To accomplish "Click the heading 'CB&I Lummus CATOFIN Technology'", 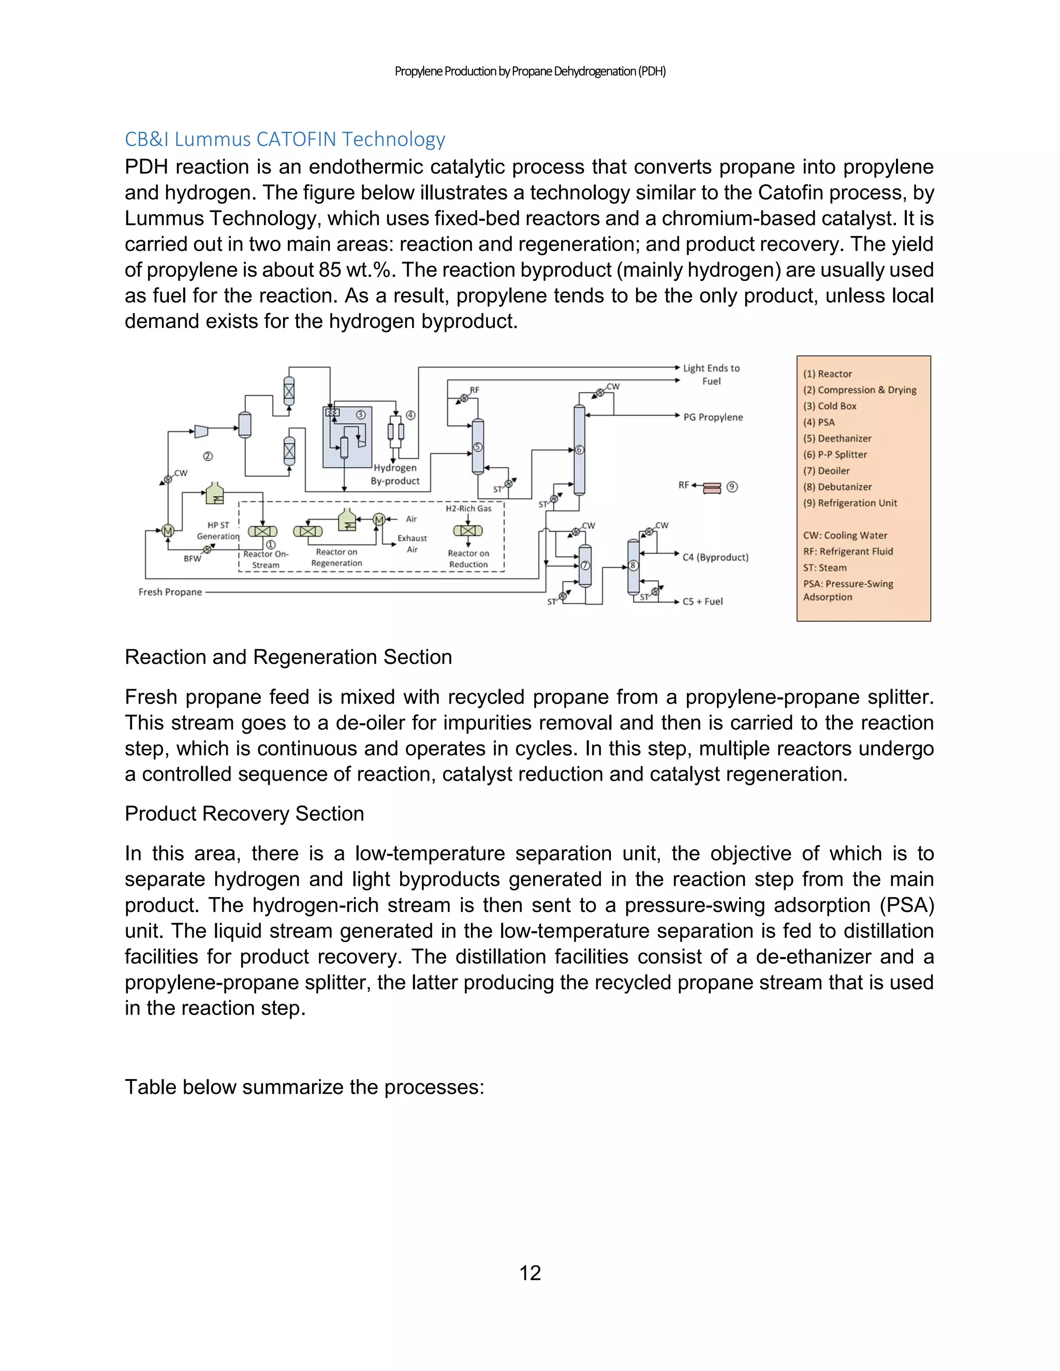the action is point(285,139).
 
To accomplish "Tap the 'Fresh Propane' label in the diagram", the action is point(170,592).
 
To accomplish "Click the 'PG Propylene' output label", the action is point(713,417).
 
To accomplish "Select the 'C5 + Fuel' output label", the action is point(703,601).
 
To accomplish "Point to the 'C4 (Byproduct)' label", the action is point(715,557).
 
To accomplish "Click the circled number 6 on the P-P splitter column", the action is point(580,450).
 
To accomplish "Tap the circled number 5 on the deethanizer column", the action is point(478,447).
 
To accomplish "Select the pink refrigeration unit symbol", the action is point(712,488).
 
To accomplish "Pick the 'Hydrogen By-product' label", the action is point(395,474).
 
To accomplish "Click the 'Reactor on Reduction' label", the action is point(468,559).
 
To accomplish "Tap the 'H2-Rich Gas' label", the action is point(468,509).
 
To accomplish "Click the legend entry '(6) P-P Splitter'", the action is point(835,454).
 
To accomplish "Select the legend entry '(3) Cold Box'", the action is point(830,406).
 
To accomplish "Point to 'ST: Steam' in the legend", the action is point(825,568).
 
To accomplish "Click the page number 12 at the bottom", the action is point(530,1273).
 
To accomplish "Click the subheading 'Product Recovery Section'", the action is point(244,814).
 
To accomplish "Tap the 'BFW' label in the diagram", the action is point(192,558).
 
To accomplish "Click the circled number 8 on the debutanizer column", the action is point(633,565).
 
